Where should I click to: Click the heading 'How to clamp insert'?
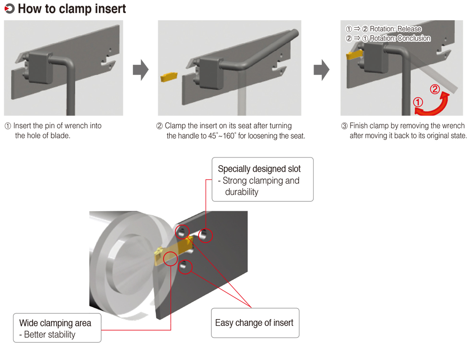72,9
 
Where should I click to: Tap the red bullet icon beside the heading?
9,9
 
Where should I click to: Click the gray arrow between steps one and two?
140,70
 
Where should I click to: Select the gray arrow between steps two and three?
321,70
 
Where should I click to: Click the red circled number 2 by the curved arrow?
434,89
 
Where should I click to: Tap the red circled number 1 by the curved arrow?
418,102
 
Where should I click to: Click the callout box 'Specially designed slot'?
262,179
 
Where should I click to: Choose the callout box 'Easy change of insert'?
255,323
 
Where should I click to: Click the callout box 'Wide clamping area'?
57,328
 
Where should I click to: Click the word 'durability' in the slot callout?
242,192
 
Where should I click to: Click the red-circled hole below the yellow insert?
186,265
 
